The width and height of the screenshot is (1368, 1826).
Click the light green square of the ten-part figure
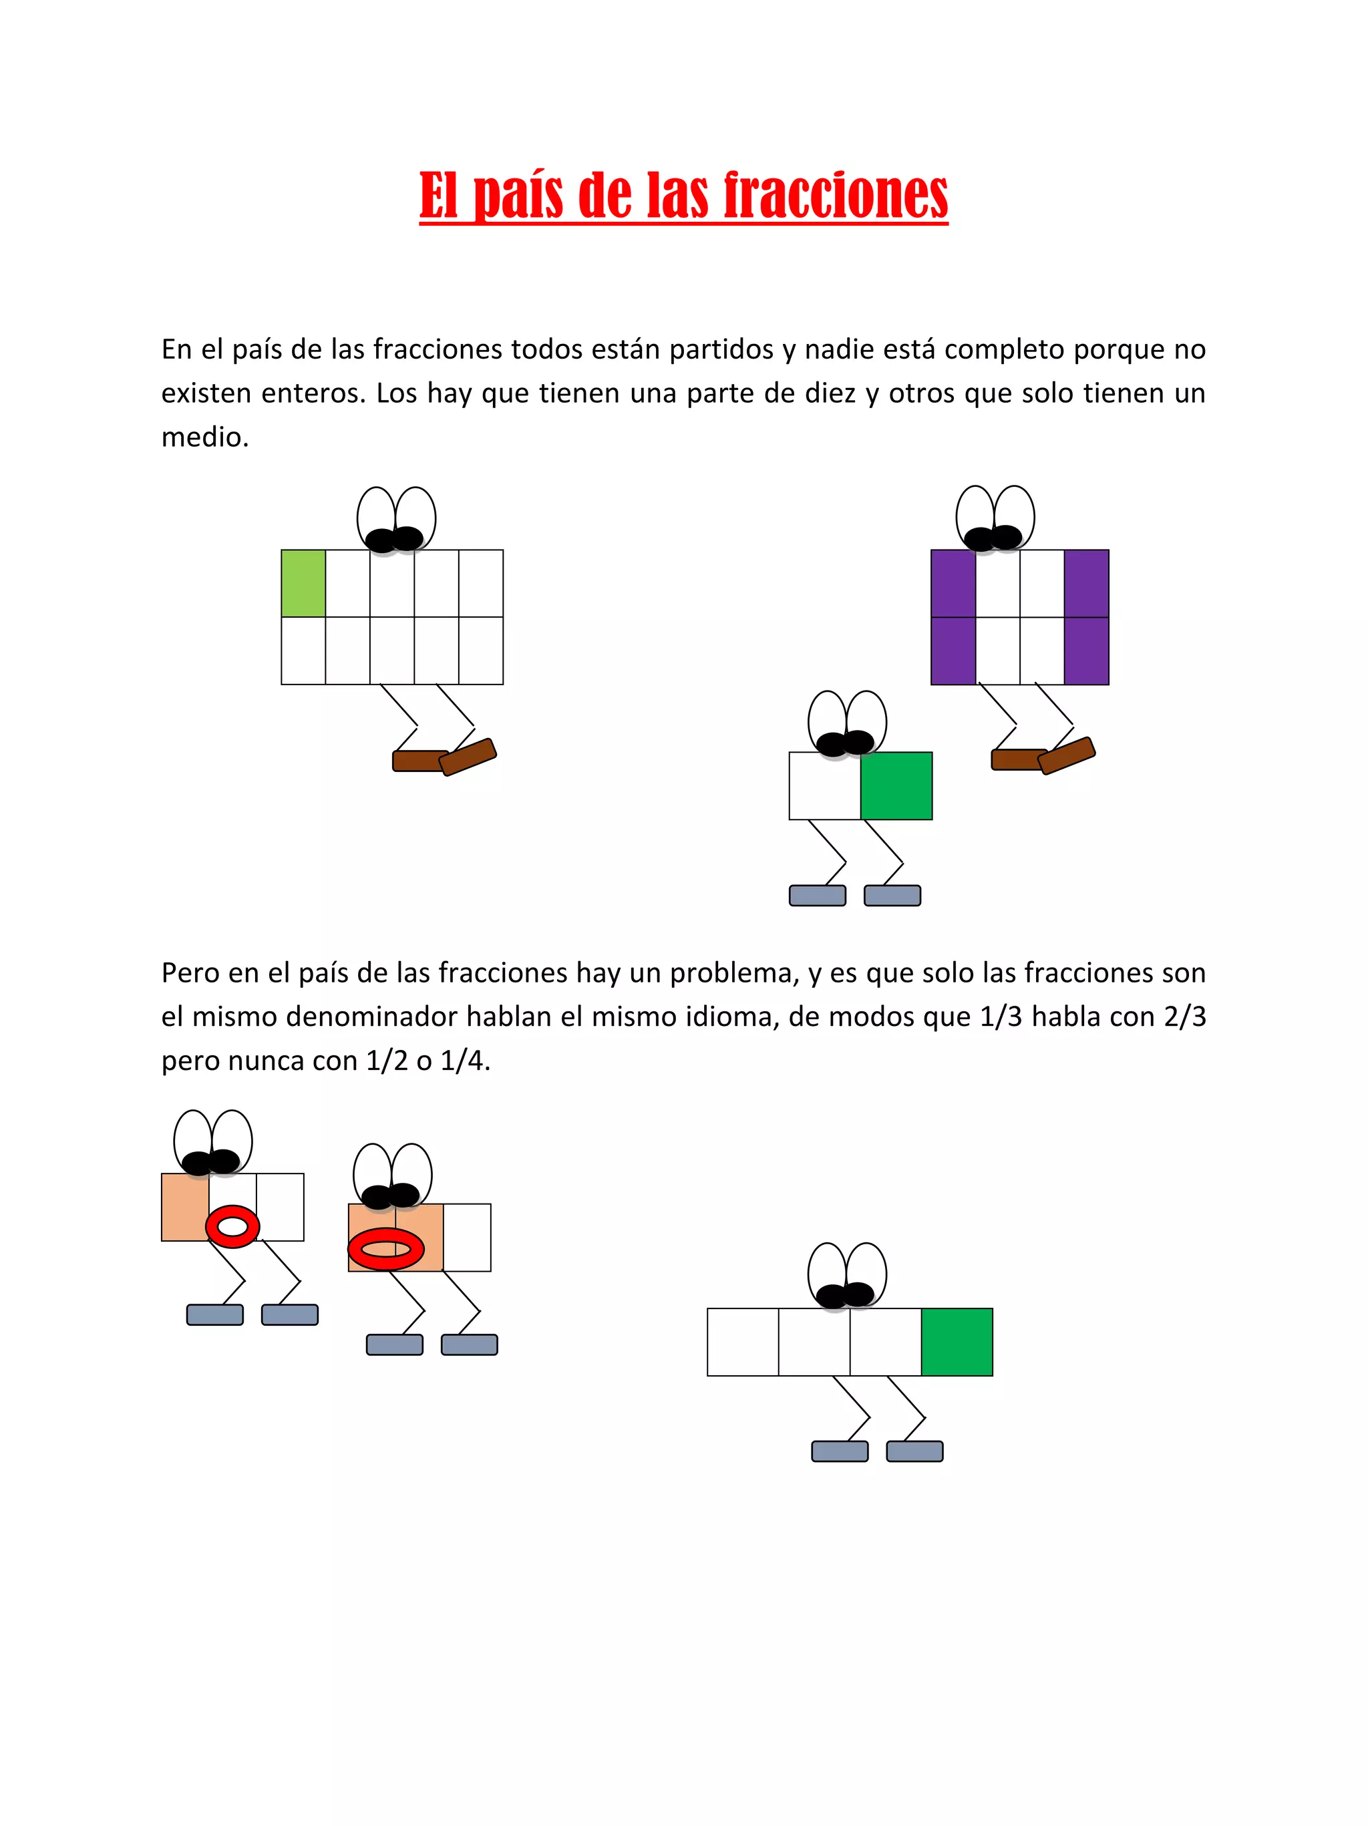click(303, 583)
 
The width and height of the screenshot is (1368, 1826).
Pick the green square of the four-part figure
click(956, 1341)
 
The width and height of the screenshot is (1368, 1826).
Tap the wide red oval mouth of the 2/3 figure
click(385, 1248)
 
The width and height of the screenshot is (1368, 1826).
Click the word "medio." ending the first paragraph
click(205, 437)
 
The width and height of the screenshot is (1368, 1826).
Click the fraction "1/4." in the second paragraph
click(465, 1061)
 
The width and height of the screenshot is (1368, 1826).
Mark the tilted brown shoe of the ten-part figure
click(468, 756)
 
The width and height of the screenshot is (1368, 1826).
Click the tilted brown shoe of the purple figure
click(1066, 755)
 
